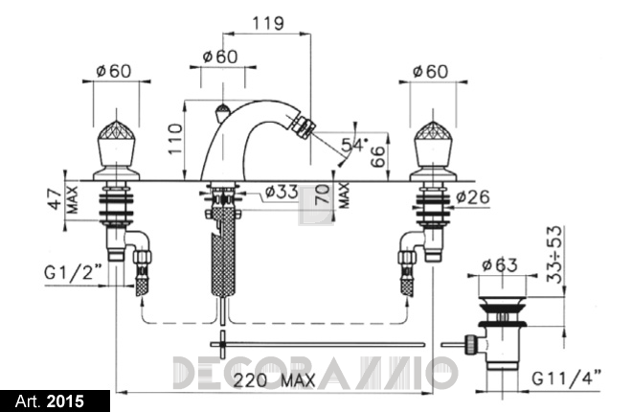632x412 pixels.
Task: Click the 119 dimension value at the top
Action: (x=268, y=23)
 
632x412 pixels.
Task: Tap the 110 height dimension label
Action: (x=175, y=139)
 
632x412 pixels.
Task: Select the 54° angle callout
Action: (x=354, y=145)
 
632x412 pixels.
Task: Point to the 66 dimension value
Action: (x=377, y=157)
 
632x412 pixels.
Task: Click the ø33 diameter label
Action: (x=282, y=192)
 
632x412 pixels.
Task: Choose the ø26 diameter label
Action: (x=473, y=197)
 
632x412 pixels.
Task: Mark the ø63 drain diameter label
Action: (x=500, y=264)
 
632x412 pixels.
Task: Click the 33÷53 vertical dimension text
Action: (x=554, y=254)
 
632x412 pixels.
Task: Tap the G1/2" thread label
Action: (x=73, y=273)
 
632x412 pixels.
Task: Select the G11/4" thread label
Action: (x=566, y=378)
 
